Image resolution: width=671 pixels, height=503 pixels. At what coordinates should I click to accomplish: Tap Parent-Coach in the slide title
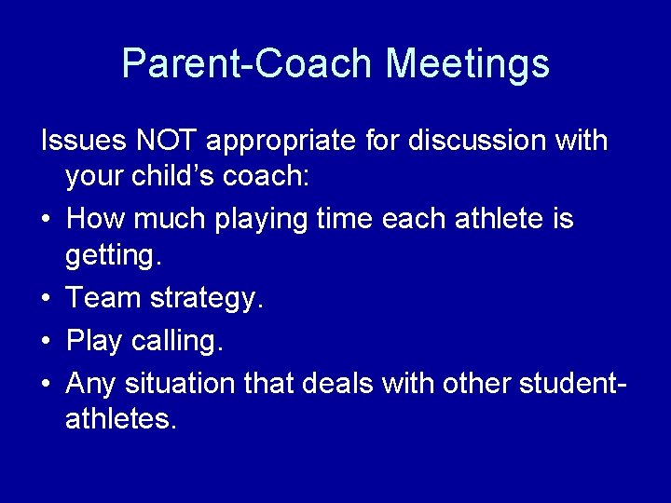(248, 63)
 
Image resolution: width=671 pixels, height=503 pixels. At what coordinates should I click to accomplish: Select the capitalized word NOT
(168, 142)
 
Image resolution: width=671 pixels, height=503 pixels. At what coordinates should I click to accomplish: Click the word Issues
(84, 142)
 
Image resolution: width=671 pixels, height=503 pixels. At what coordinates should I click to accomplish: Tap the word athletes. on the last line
(120, 419)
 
